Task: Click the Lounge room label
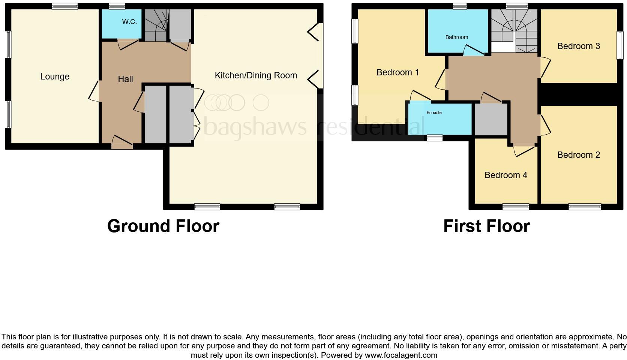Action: coord(55,76)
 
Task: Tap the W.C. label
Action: coord(129,22)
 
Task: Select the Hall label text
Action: coord(125,79)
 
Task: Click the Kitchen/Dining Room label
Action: coord(256,75)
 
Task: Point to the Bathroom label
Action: coord(456,37)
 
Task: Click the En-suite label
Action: coord(434,112)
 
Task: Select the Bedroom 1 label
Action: coord(397,72)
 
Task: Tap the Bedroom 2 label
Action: coord(578,155)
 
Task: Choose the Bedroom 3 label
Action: coord(578,46)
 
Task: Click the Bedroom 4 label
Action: coord(505,175)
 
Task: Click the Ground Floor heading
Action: coord(163,226)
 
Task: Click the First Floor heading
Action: coord(486,226)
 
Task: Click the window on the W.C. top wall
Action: coord(117,6)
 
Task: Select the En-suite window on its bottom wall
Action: coord(435,138)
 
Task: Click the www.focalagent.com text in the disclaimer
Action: coord(400,355)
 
